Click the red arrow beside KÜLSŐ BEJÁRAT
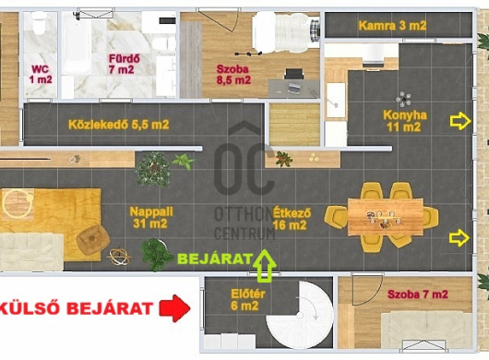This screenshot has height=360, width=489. [x=174, y=308]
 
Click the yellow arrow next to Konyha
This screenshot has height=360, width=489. [x=460, y=121]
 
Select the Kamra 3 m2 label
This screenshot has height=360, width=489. [x=392, y=26]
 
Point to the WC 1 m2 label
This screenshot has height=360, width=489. [x=41, y=74]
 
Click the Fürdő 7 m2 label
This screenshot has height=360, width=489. [x=122, y=64]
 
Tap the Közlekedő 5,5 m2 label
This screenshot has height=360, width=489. [x=118, y=125]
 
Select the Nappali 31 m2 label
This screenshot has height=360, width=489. [x=151, y=218]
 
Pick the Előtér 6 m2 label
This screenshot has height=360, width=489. [x=248, y=300]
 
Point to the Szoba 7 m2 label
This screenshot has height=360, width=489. [x=418, y=294]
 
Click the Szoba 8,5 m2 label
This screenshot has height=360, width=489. [x=233, y=74]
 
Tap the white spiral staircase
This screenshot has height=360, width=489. [x=299, y=315]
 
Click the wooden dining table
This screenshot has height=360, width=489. [x=386, y=217]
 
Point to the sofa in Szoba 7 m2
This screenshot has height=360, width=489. [x=426, y=330]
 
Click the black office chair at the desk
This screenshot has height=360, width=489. [x=293, y=75]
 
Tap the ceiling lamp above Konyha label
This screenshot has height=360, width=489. [x=403, y=99]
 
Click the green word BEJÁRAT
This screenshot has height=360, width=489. [x=215, y=259]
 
